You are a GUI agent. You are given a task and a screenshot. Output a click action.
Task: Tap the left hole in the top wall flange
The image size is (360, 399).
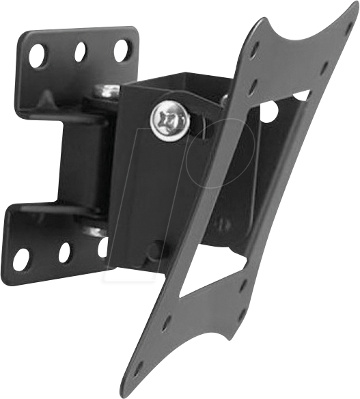click(37, 53)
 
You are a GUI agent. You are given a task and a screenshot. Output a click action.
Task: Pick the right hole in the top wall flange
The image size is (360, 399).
click(122, 49)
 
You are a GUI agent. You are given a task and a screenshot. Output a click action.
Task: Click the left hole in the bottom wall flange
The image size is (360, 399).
click(22, 259)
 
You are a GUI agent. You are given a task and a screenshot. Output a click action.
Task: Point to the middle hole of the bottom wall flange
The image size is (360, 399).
click(65, 253)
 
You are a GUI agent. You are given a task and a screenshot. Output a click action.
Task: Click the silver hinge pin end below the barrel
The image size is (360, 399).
click(96, 231)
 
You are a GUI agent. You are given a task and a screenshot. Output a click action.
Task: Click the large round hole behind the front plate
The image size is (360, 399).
click(270, 109)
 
